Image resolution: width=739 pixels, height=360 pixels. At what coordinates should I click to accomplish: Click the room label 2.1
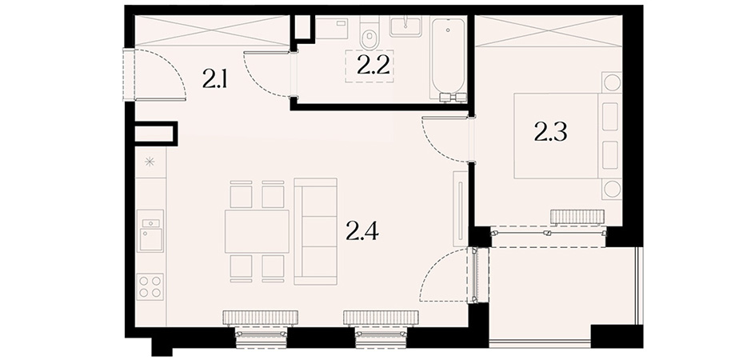coord(215,79)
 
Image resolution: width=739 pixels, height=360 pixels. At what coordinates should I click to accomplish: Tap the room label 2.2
coord(373,66)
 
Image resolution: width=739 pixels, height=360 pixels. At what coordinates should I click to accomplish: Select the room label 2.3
coord(550,133)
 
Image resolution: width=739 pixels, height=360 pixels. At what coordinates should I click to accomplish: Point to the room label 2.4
coord(362,231)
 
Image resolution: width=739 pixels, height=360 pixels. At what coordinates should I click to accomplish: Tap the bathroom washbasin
coord(405,26)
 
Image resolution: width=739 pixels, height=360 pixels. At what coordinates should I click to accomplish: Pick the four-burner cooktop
coord(150,286)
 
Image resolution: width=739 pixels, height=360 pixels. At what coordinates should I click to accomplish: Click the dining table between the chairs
coord(257,231)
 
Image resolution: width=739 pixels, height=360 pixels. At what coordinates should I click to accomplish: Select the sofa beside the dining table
coord(315,231)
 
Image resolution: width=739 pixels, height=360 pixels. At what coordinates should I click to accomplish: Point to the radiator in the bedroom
coord(577,216)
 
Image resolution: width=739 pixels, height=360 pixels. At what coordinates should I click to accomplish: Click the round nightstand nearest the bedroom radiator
coord(612,190)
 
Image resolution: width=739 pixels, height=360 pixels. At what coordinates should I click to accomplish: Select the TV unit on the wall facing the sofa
coord(460,208)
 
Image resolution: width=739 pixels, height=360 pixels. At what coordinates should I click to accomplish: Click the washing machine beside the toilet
coord(331,28)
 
